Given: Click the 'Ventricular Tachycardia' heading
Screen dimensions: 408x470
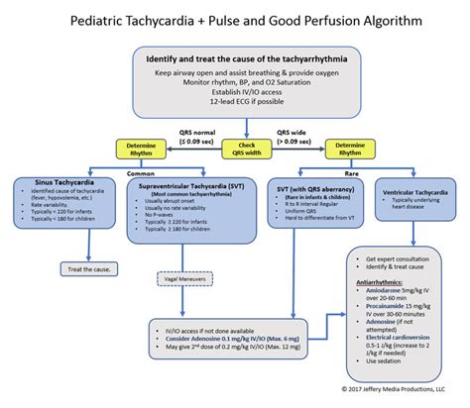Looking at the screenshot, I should pos(407,190).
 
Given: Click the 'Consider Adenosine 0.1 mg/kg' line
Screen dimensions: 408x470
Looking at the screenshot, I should pos(225,339).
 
